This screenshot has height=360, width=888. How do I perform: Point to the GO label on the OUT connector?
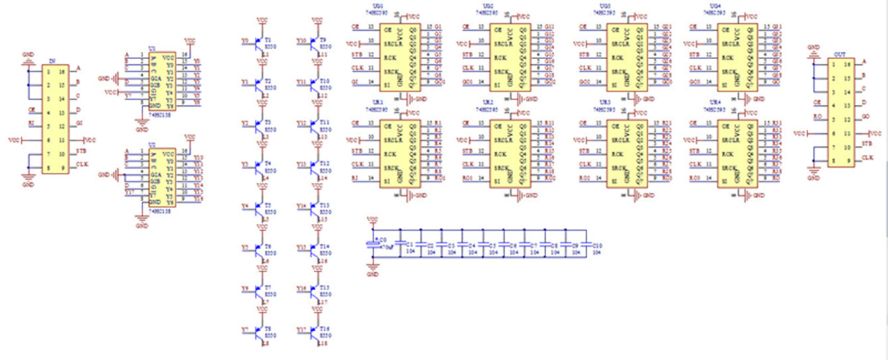coord(866,117)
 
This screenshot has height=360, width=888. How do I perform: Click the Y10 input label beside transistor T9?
coord(301,41)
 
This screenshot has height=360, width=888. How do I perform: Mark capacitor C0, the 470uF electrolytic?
coord(372,245)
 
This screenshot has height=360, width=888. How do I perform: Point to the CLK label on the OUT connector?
coord(867,157)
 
